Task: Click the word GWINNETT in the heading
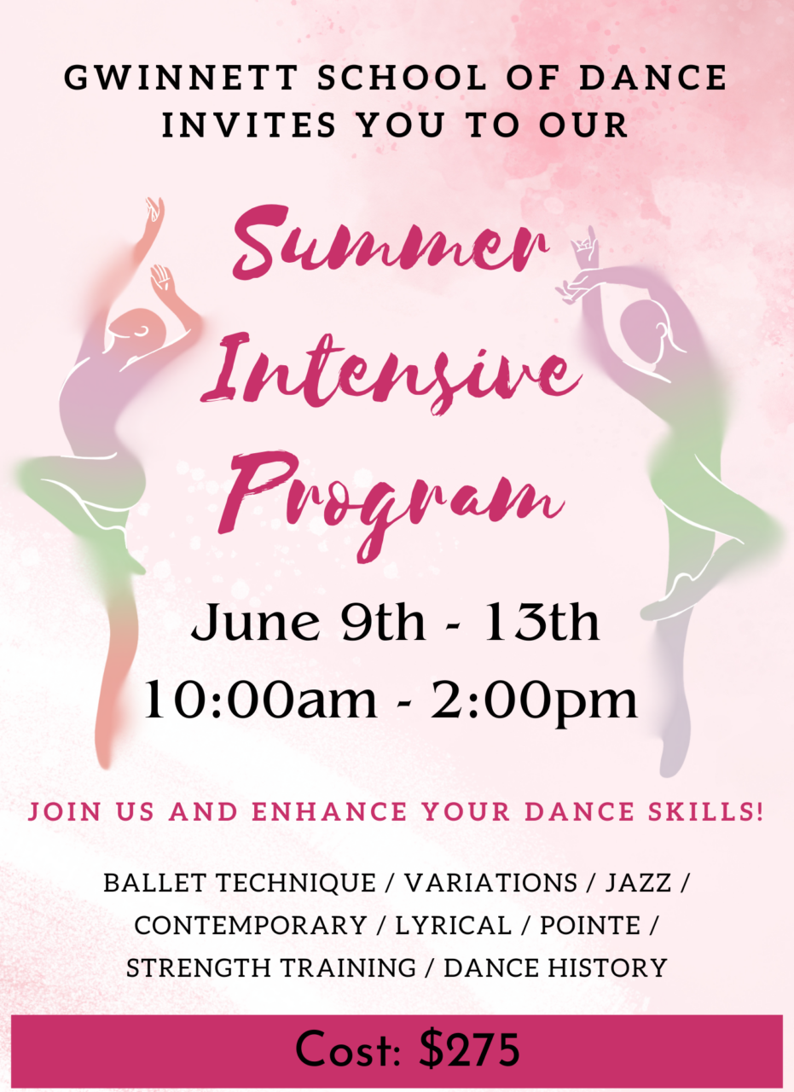(181, 78)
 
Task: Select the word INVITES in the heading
(249, 125)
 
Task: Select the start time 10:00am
(260, 700)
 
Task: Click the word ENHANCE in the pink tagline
(329, 811)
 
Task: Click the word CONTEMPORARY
(251, 926)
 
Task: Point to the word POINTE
(590, 926)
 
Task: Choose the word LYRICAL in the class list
(454, 926)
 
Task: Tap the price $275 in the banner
(470, 1048)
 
